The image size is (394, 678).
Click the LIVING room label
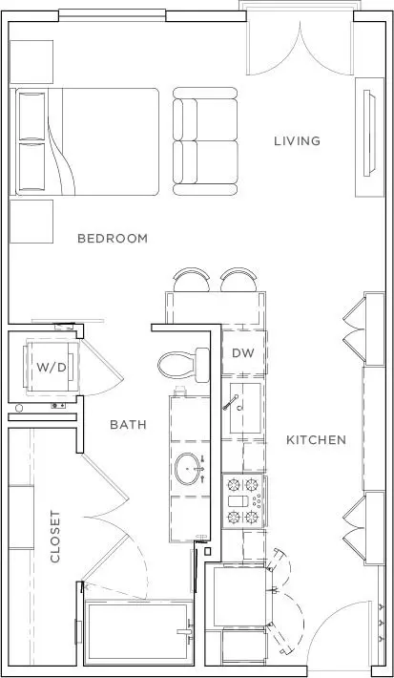298,141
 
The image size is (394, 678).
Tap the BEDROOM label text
113,238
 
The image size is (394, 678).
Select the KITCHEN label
316,440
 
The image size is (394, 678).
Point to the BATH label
128,425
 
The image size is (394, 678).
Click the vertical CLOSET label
55,537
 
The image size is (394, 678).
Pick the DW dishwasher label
243,353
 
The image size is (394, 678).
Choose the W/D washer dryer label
52,368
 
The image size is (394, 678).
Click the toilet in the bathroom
183,366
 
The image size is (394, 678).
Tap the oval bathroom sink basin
189,469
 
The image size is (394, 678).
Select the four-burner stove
243,500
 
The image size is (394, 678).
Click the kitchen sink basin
245,408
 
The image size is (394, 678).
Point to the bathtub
138,632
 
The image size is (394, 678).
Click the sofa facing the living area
205,140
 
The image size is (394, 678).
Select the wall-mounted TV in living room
369,133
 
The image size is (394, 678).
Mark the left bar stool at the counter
192,280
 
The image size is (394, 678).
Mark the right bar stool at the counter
238,280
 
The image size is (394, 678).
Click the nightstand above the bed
31,62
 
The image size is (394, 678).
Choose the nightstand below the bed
31,222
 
